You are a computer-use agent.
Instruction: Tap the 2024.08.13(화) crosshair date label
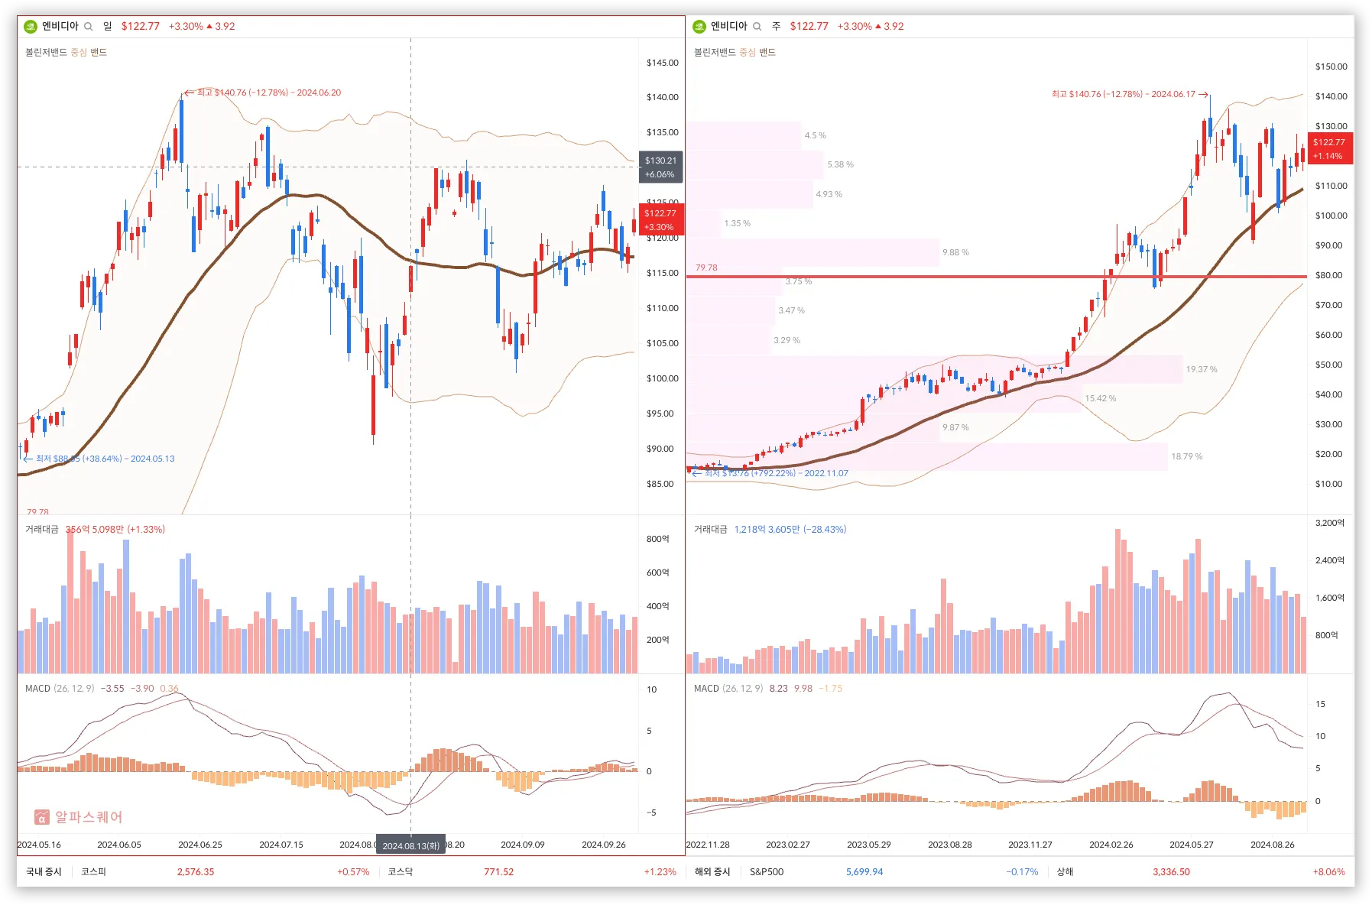pos(410,845)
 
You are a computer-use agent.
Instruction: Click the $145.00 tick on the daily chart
pos(662,63)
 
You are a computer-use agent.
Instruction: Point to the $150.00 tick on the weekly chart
pos(1331,66)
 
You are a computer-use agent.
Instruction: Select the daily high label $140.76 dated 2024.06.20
pos(268,92)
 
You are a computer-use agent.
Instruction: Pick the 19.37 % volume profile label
pos(1202,369)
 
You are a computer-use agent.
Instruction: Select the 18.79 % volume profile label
pos(1186,456)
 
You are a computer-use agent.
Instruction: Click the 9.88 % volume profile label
pos(955,252)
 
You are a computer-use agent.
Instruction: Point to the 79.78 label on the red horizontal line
pos(706,268)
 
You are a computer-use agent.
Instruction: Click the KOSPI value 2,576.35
pos(196,871)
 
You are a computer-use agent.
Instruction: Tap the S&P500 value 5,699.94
pos(864,871)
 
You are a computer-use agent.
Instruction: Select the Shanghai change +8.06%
pos(1328,871)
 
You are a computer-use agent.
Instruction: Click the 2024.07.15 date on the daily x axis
pos(281,845)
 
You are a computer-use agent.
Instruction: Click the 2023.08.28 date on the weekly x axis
pos(949,845)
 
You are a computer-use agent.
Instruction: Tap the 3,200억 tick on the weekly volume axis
pos(1329,523)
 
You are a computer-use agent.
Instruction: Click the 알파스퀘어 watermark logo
pos(79,817)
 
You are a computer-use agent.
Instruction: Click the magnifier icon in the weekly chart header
pos(757,26)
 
